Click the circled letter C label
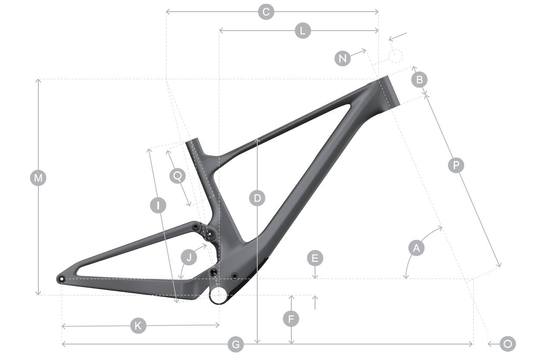click(266, 12)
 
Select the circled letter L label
click(303, 31)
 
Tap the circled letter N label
click(343, 58)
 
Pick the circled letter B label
click(419, 80)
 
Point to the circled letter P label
click(456, 165)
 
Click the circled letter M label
click(38, 178)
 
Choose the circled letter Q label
click(178, 176)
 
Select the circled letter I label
click(158, 205)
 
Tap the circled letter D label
click(257, 198)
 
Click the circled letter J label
click(189, 257)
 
